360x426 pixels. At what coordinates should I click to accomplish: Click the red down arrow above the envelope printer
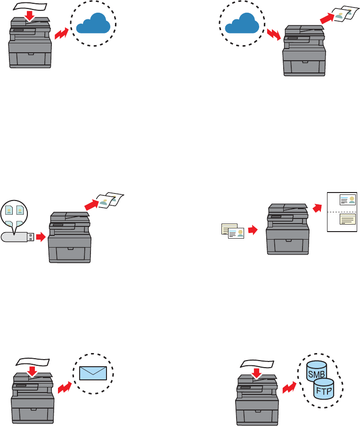pyautogui.click(x=32, y=372)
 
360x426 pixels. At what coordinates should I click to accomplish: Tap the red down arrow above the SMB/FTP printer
pyautogui.click(x=257, y=373)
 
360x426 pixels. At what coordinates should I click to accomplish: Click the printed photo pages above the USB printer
pyautogui.click(x=109, y=201)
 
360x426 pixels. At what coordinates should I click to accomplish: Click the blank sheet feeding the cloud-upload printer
pyautogui.click(x=31, y=6)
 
